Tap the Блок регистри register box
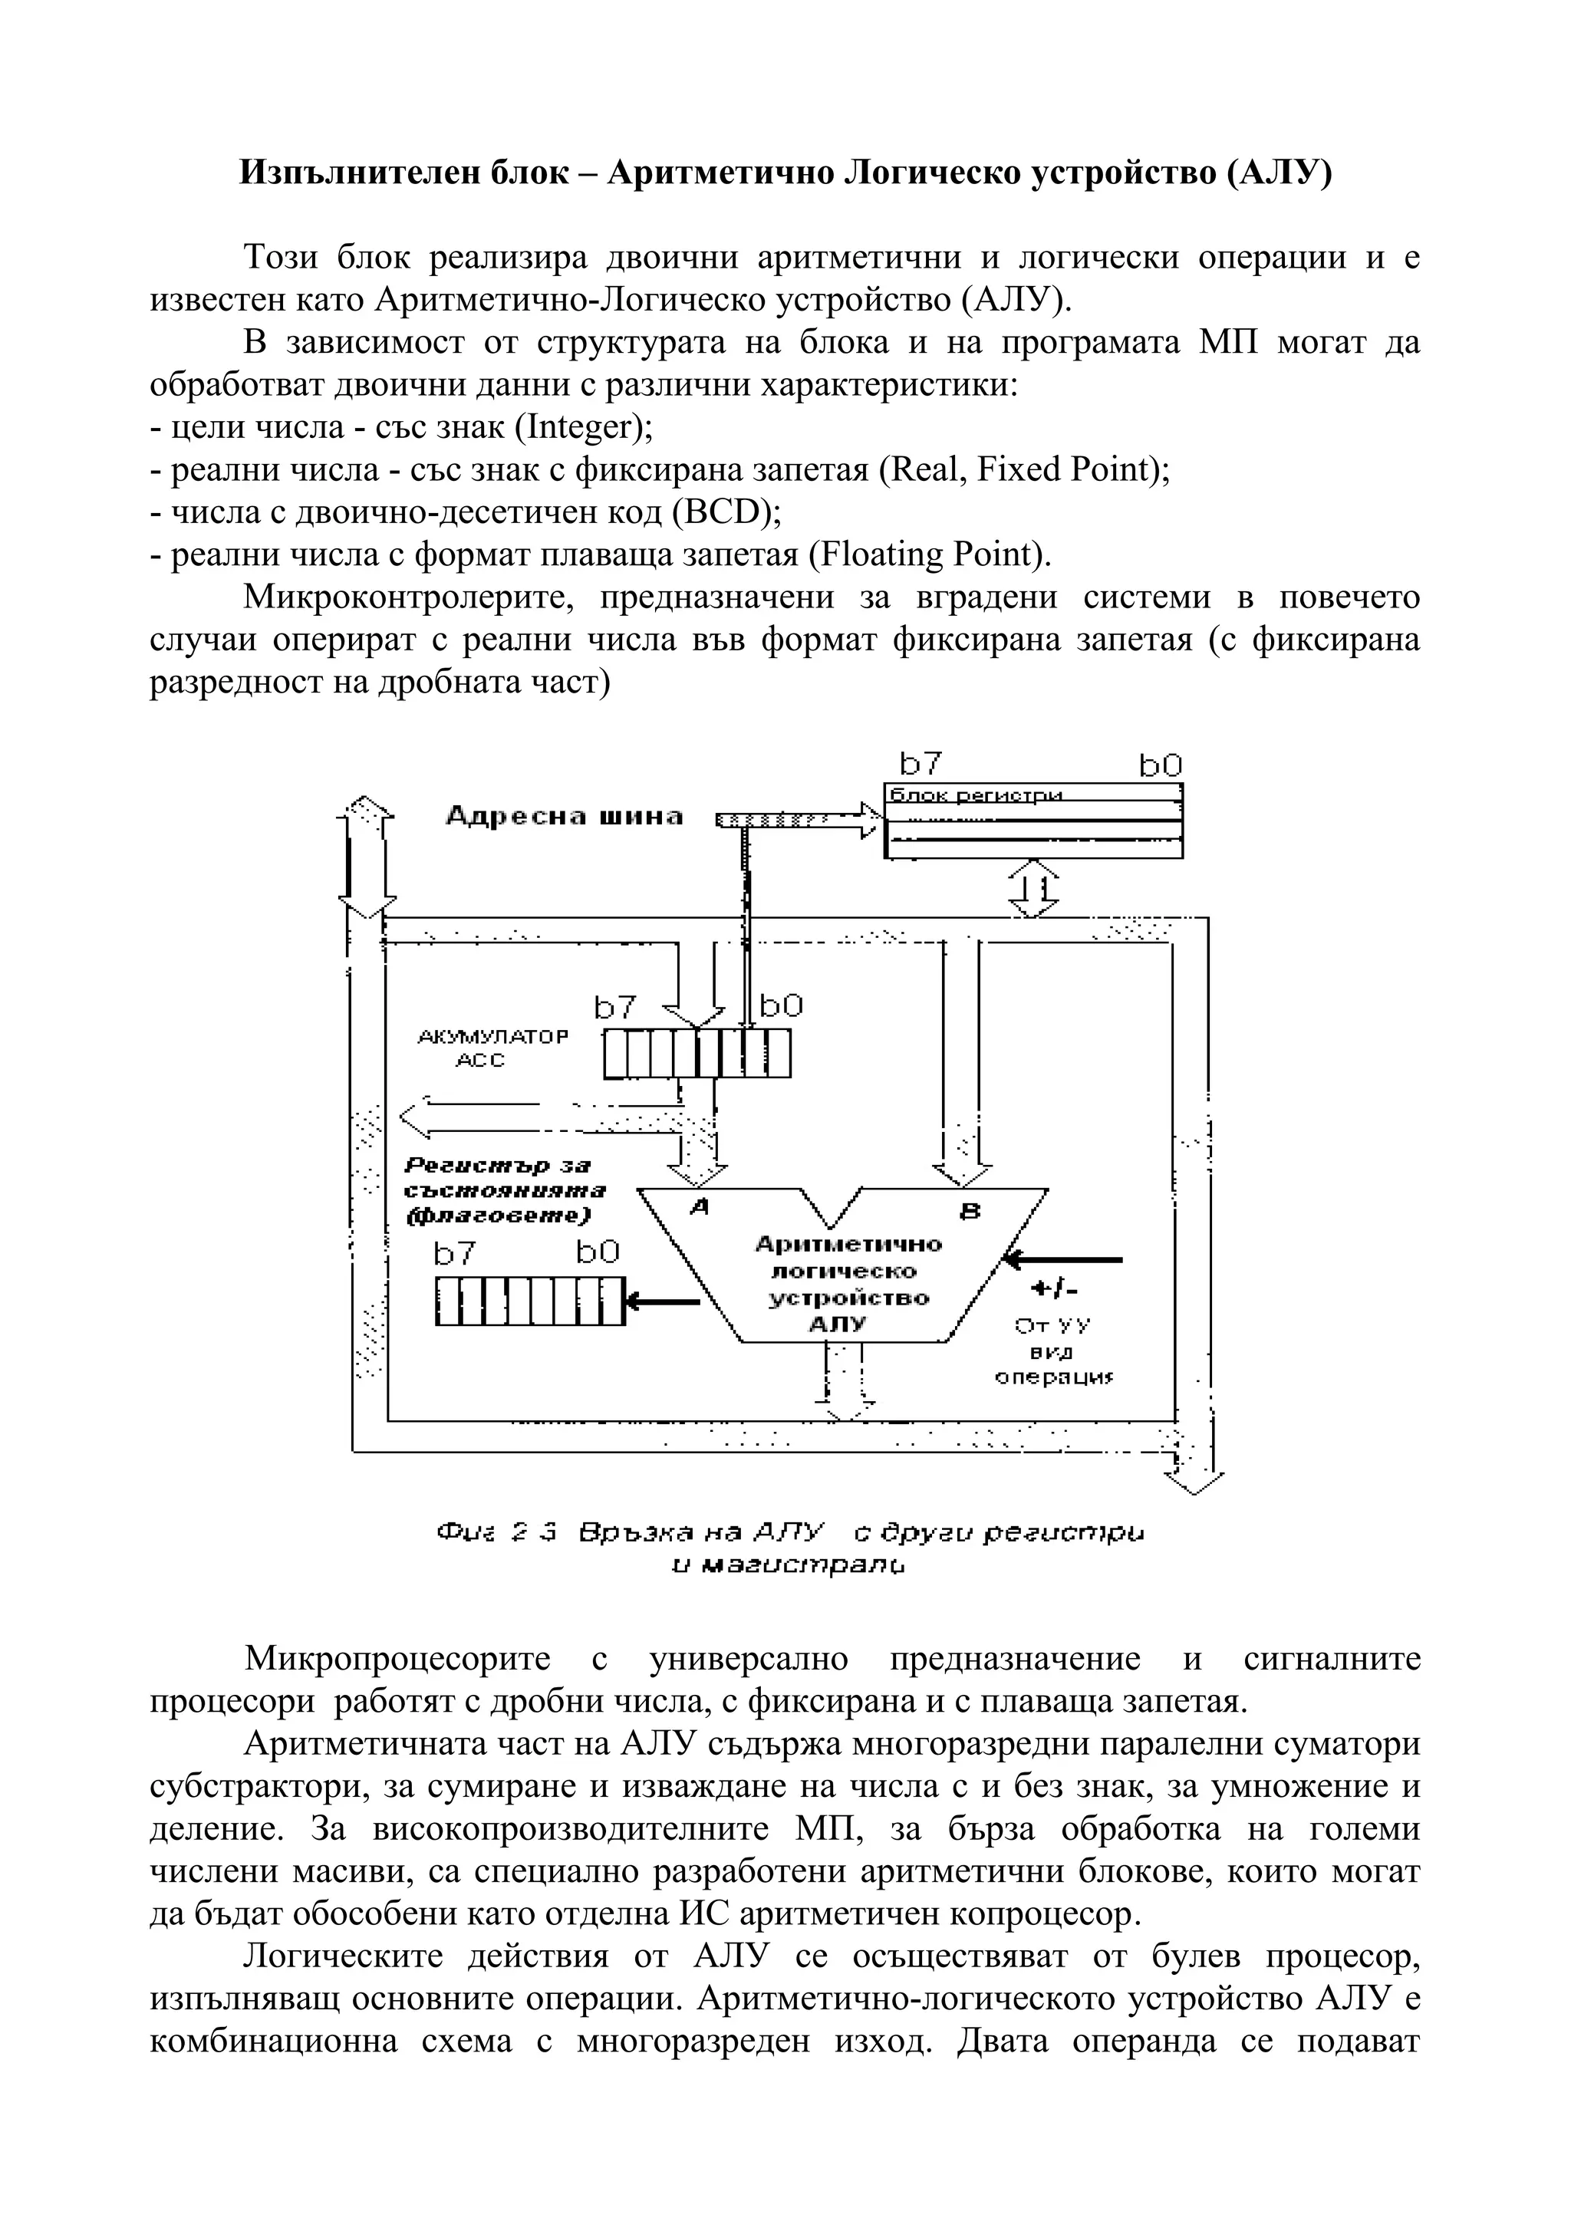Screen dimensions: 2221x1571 (1033, 821)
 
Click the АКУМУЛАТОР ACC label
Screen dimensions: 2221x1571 (492, 1048)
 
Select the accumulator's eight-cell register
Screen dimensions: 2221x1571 (697, 1054)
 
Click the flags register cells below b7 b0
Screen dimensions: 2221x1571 (529, 1301)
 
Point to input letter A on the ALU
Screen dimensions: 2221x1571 (697, 1208)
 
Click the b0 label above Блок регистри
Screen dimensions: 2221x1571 (1160, 766)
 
